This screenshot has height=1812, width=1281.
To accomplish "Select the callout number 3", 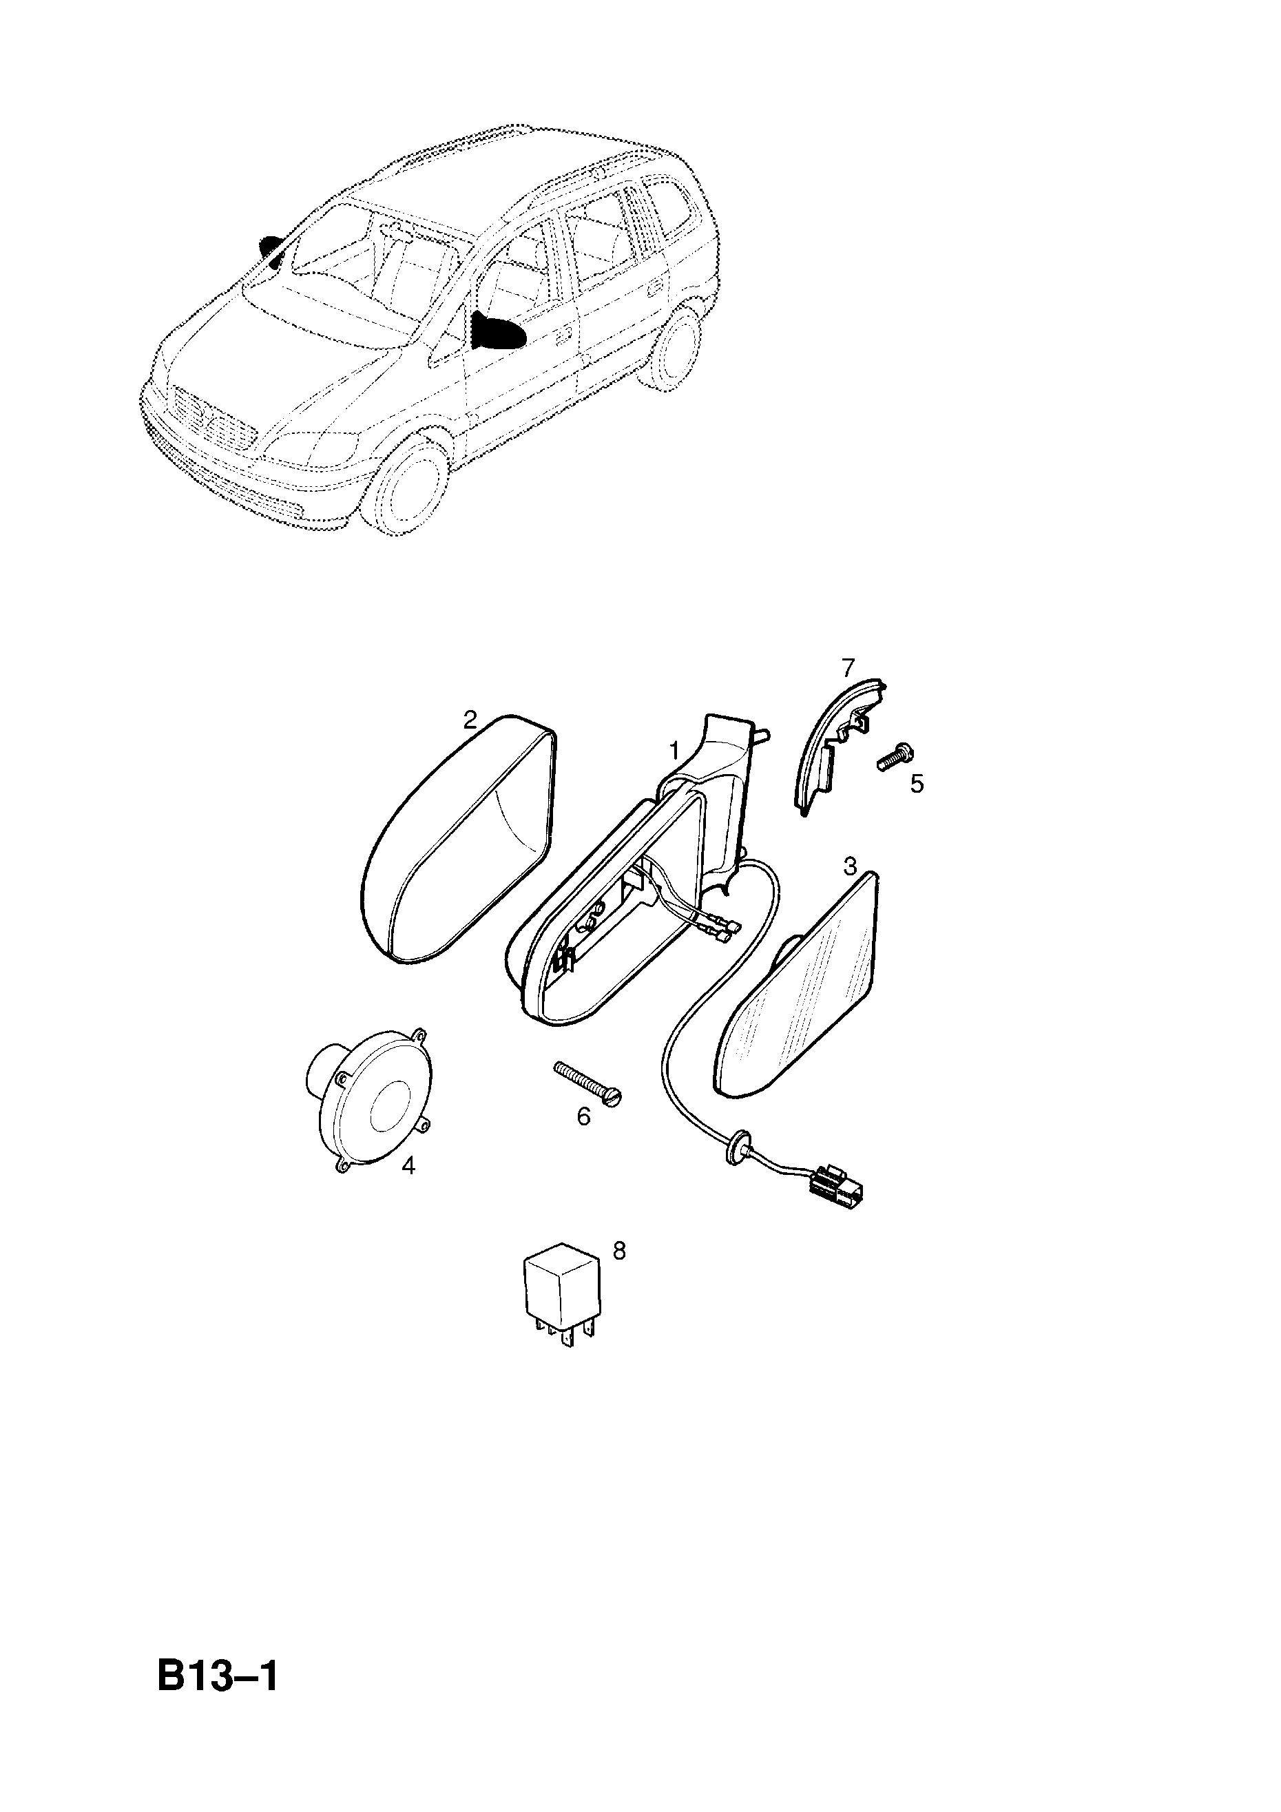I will (x=849, y=866).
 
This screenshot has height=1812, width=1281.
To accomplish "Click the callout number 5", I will (x=917, y=784).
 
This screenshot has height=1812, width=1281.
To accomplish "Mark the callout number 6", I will (x=583, y=1116).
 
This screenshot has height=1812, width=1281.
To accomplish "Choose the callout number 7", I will (x=848, y=667).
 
